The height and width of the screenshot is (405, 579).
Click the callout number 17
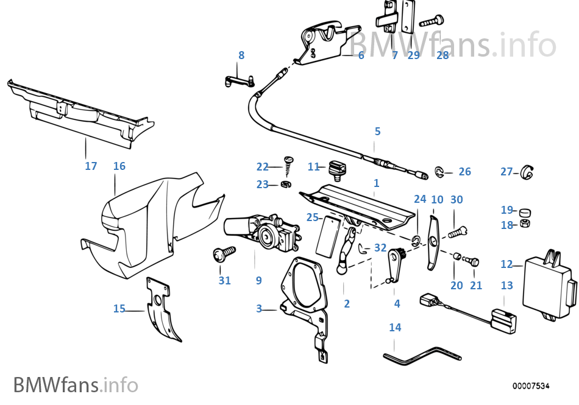pyautogui.click(x=91, y=166)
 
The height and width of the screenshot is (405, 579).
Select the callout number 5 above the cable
pyautogui.click(x=377, y=132)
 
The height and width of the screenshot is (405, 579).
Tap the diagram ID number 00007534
pyautogui.click(x=531, y=386)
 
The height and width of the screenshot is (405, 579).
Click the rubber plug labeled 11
pyautogui.click(x=336, y=168)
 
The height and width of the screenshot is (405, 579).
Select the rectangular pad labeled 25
pyautogui.click(x=327, y=238)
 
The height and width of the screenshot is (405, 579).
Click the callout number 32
pyautogui.click(x=380, y=247)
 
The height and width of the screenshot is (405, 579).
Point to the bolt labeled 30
pyautogui.click(x=457, y=231)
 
